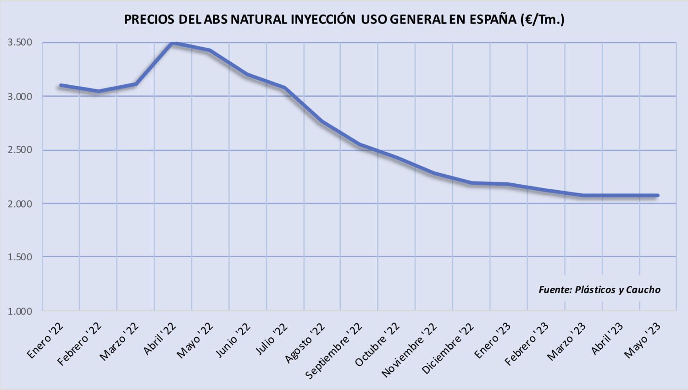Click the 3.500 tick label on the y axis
coord(20,43)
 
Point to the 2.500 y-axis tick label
coord(20,150)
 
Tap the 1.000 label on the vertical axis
coord(20,312)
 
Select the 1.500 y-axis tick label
coord(20,257)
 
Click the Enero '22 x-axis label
coord(45,341)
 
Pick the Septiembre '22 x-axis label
coord(333,351)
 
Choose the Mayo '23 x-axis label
coord(642,341)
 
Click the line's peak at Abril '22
coord(173,43)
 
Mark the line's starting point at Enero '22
coord(61,85)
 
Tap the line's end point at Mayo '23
coord(658,196)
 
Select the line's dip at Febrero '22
coord(98,91)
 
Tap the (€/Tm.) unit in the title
coord(543,19)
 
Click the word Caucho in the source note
coord(643,290)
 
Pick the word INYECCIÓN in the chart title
coord(323,19)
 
